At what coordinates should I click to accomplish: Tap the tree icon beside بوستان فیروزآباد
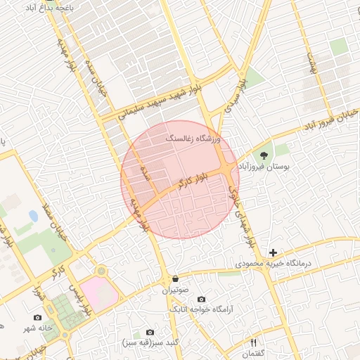264,155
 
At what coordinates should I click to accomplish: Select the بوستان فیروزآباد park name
265,167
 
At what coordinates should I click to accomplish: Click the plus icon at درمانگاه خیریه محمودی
273,252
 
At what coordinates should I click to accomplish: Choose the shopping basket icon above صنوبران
174,278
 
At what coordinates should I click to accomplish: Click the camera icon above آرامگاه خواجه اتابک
202,300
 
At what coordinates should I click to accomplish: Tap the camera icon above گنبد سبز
149,332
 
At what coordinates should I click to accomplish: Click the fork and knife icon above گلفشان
254,342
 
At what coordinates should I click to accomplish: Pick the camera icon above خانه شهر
37,318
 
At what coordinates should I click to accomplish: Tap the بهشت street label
309,65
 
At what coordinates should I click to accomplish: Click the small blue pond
33,215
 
